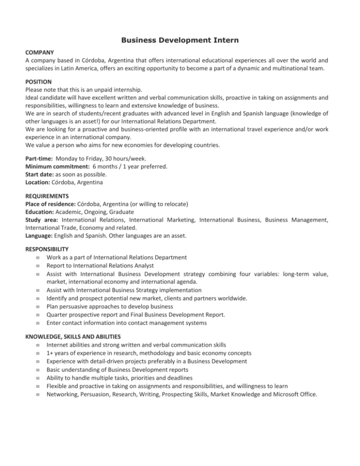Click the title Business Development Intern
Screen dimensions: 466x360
tap(180, 41)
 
